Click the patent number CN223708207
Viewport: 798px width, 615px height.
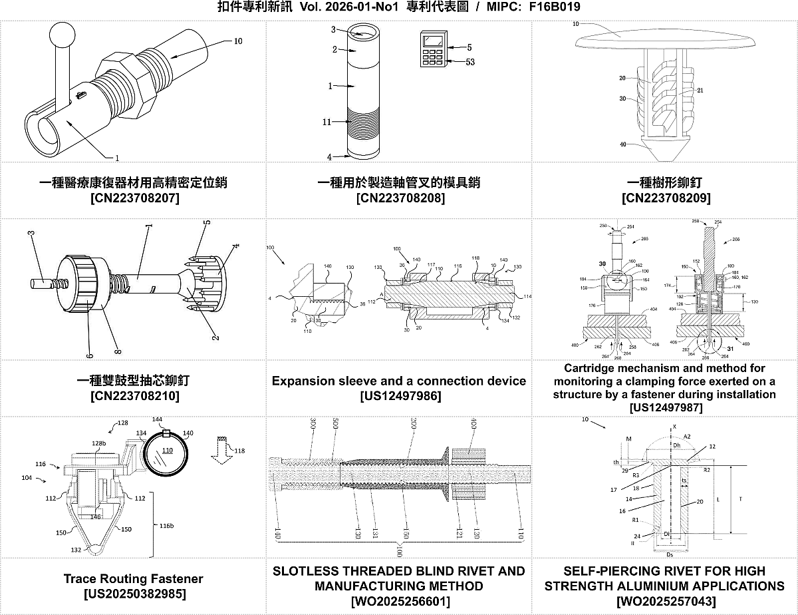pos(134,198)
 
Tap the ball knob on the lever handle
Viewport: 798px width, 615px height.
pos(63,33)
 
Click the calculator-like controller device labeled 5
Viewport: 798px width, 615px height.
pos(433,49)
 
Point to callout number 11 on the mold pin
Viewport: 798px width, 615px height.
pos(327,122)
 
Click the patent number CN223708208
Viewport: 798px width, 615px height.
pos(400,198)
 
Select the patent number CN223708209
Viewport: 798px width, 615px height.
pos(665,198)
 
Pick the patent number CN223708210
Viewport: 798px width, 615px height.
pos(134,396)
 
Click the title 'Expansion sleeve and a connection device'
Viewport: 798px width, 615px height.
pos(399,381)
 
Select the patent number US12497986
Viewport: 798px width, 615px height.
pos(399,396)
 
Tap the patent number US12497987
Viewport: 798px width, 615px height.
pos(665,407)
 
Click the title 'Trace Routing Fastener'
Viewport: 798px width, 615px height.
pos(133,578)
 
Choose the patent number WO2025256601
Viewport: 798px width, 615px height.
pos(399,601)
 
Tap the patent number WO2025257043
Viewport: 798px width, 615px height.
pos(665,601)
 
